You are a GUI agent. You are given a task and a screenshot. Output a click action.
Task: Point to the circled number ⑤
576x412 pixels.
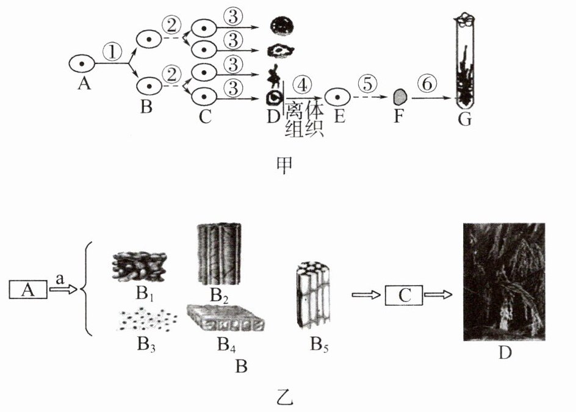tap(367, 84)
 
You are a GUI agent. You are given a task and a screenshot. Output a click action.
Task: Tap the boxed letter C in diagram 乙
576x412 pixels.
tap(403, 296)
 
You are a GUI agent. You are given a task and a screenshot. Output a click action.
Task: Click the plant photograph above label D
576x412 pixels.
tap(504, 282)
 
